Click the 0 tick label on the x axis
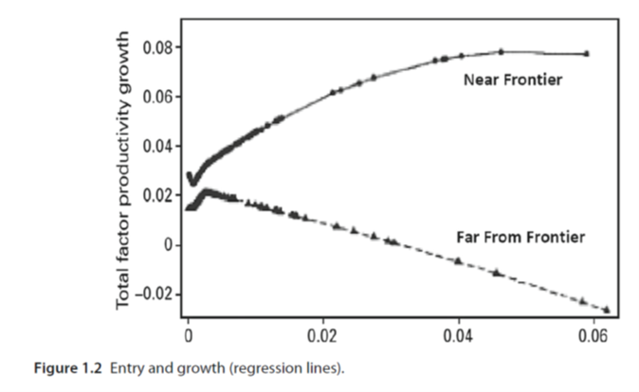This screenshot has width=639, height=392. pos(188,335)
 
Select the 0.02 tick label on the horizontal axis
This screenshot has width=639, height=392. pos(323,335)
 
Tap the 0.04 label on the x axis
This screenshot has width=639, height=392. pos(459,335)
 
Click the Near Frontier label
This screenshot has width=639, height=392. pos(513,80)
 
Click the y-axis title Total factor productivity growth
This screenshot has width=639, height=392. pos(123,169)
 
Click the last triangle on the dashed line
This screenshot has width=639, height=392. pos(606,309)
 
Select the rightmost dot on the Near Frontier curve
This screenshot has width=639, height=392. pos(587,54)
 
